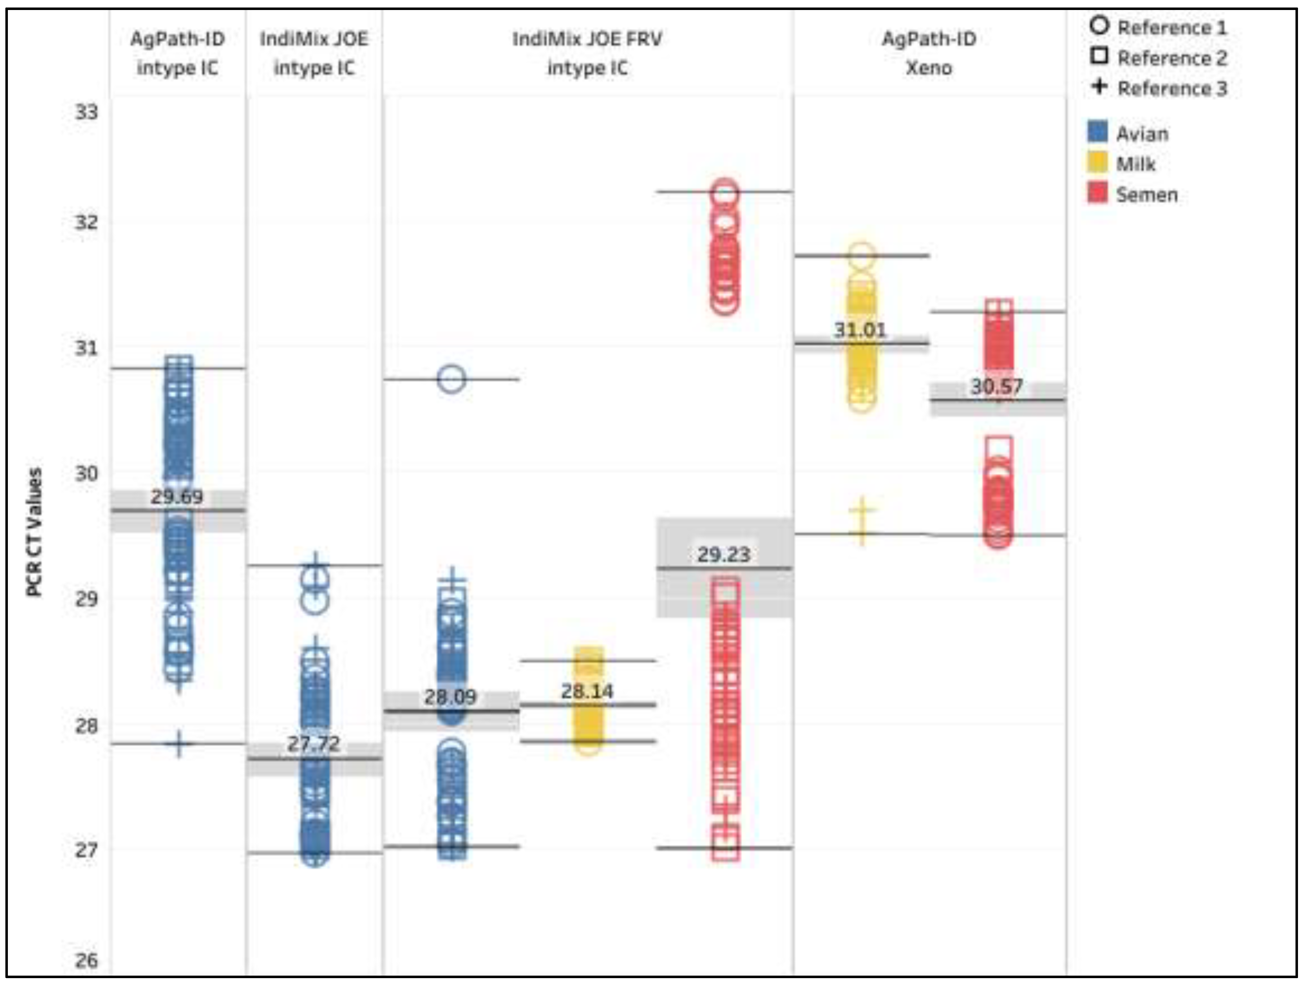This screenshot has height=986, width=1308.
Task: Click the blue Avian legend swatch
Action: click(x=1097, y=132)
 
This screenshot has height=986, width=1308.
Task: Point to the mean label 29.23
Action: click(x=724, y=554)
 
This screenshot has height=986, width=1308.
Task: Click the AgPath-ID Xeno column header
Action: click(x=929, y=53)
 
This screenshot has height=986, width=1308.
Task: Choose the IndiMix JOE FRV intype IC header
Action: click(x=587, y=53)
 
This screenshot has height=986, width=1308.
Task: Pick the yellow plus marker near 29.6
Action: click(x=862, y=520)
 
